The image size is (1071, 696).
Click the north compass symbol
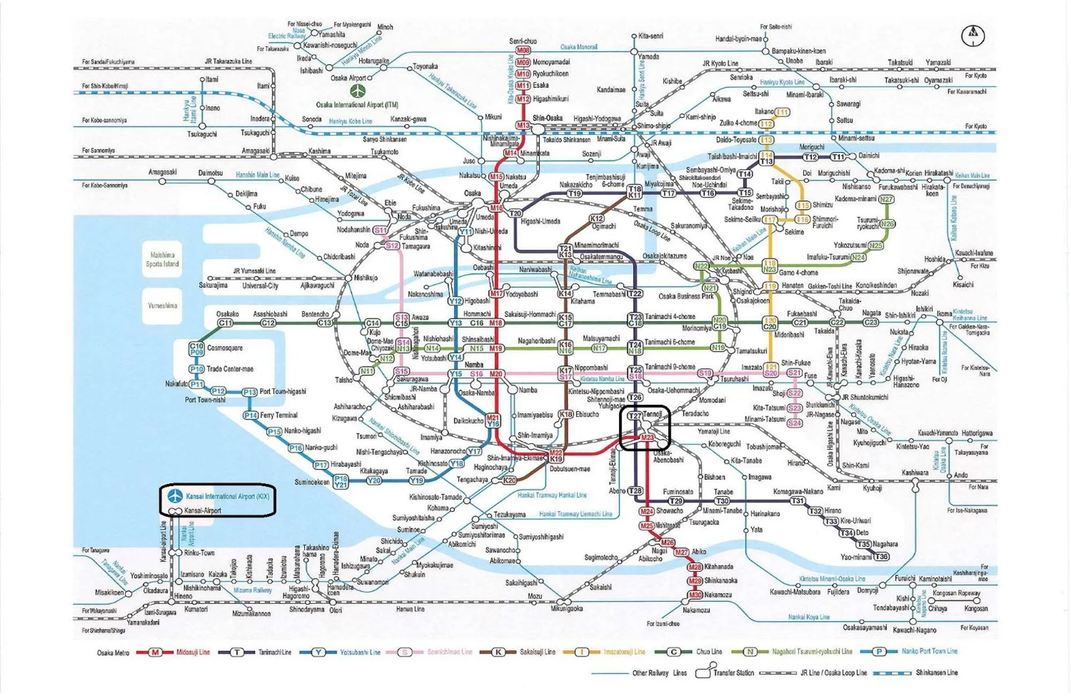pos(973,36)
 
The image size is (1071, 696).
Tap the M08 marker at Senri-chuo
pos(523,50)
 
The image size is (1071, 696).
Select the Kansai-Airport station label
pos(202,511)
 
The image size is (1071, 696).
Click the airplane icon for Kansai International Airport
pos(175,496)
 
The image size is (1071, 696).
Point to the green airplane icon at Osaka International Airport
pos(358,90)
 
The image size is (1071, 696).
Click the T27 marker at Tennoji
pos(635,415)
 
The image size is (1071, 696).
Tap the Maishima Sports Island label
pos(162,259)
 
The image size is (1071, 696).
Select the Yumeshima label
pos(162,306)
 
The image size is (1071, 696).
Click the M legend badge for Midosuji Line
pos(155,652)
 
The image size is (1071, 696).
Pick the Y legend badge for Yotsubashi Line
pos(319,652)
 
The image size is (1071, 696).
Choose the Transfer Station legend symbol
pos(704,672)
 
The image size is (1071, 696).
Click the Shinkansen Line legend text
pos(937,672)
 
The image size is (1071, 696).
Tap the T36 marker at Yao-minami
pos(881,557)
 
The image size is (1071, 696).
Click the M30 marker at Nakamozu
pos(695,595)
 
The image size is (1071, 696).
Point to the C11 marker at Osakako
pos(225,323)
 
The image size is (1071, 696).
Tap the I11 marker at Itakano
pos(782,112)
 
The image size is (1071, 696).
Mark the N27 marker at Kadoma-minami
pos(886,199)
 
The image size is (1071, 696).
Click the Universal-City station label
pos(260,286)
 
